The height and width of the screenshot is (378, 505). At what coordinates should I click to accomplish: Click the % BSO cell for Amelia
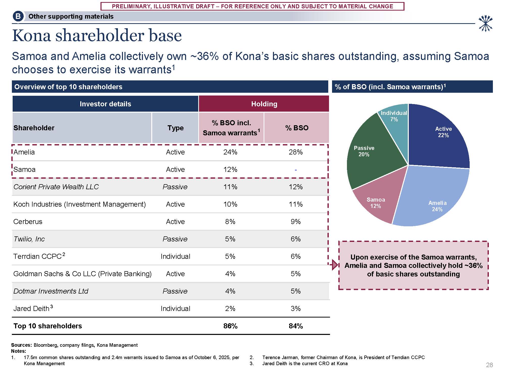(x=296, y=152)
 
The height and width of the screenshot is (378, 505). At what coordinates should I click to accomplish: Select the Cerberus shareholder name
(x=28, y=222)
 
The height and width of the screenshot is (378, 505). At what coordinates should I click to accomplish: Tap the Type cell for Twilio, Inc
(x=175, y=239)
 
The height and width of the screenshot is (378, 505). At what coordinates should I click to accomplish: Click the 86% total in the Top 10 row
(x=230, y=326)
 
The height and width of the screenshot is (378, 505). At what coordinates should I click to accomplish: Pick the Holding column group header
(x=264, y=104)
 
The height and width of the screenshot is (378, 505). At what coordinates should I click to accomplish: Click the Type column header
(x=175, y=128)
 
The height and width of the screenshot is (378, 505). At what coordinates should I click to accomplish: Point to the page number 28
(x=489, y=365)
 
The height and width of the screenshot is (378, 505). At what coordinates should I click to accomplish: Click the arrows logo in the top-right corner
(x=485, y=24)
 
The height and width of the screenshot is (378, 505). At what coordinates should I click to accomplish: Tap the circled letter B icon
(x=18, y=16)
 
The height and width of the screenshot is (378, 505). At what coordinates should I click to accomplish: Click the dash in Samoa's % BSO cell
(x=296, y=170)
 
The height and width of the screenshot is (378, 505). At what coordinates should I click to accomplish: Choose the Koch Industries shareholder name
(x=80, y=204)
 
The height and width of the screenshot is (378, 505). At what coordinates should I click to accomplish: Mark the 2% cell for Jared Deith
(x=230, y=309)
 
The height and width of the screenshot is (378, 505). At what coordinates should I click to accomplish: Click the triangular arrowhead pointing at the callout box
(x=335, y=265)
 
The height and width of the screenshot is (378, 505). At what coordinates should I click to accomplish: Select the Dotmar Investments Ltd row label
(x=51, y=291)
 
